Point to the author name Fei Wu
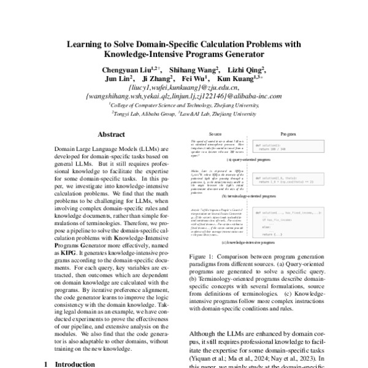coord(199,79)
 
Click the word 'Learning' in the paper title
coord(93,44)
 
